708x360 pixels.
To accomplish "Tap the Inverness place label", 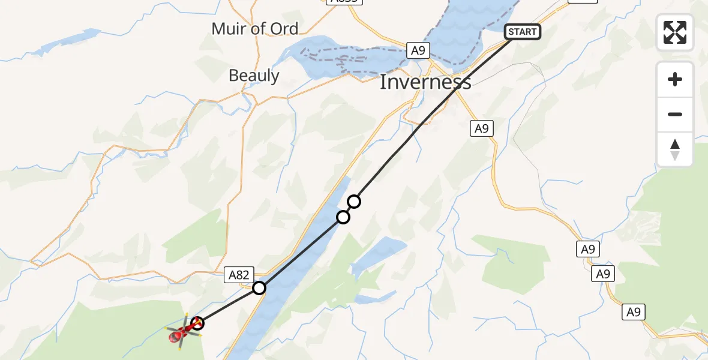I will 425,82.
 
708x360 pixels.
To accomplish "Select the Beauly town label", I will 254,76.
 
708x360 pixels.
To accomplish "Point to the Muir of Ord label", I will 254,28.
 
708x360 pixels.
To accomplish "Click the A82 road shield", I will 238,275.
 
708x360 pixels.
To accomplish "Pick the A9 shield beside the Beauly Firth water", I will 418,50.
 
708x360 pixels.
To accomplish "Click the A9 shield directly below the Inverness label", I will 481,128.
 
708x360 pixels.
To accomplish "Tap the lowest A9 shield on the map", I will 634,311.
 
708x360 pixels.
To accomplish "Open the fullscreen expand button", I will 674,32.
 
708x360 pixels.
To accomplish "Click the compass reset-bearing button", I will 674,149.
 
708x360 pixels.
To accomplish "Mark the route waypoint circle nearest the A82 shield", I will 259,288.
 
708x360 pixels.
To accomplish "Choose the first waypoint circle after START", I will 354,202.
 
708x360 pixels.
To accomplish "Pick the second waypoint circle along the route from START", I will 343,217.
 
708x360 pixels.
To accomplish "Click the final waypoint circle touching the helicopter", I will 197,324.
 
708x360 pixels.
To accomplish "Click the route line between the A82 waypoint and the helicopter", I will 228,306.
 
